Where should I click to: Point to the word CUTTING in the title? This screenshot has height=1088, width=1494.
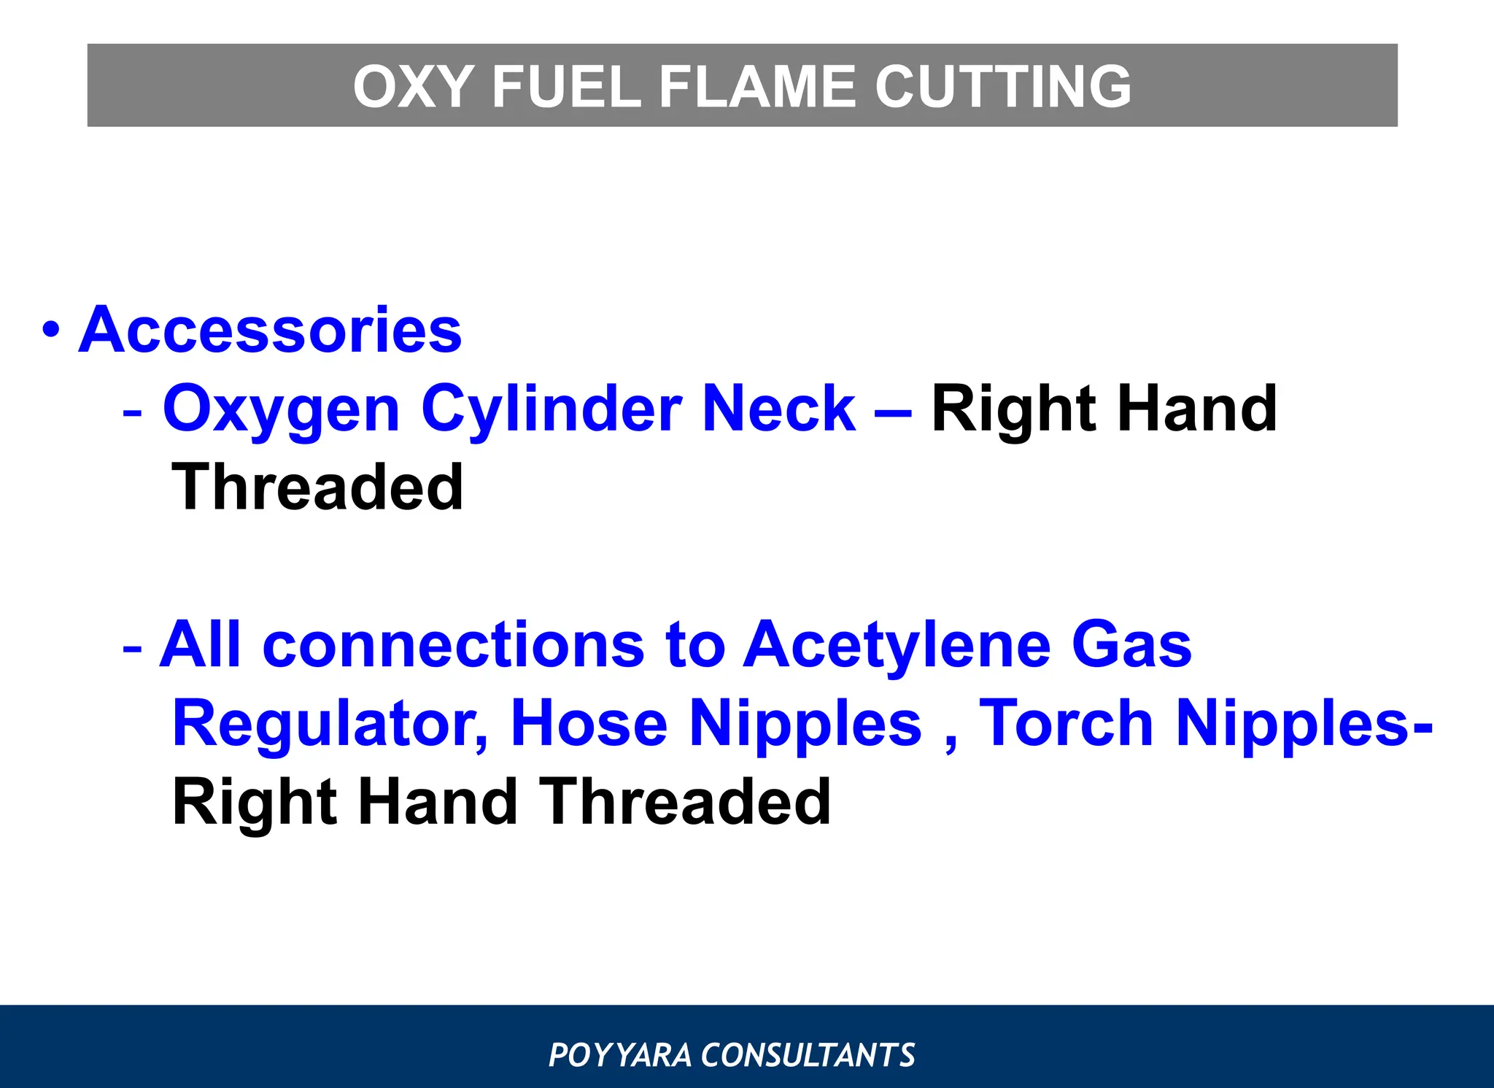[1003, 87]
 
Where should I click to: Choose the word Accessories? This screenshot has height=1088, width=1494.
[270, 330]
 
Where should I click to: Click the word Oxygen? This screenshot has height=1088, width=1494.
[282, 410]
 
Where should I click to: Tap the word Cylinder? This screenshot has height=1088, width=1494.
[551, 409]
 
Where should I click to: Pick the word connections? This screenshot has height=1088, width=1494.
[453, 644]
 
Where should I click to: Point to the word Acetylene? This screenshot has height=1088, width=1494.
[897, 646]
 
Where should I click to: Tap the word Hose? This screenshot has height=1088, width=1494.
[589, 723]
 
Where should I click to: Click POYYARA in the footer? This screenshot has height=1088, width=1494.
[619, 1055]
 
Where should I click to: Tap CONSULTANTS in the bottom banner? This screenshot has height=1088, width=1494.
[808, 1055]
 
